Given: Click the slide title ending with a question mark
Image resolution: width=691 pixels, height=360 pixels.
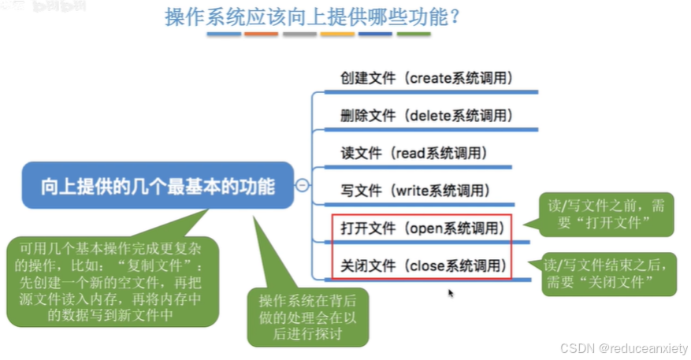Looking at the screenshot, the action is (x=313, y=17).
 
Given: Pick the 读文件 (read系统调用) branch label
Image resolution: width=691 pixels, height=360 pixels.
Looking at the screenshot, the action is (x=414, y=153).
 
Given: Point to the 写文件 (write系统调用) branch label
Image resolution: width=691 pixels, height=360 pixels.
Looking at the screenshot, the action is (x=415, y=191).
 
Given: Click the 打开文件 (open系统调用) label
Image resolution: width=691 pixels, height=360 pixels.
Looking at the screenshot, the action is (x=422, y=228).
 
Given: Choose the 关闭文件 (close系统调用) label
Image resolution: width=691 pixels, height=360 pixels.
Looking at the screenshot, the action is (x=422, y=265).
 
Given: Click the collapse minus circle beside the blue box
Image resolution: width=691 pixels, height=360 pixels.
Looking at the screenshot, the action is (x=301, y=186).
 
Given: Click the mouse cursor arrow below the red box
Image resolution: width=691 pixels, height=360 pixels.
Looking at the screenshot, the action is (x=451, y=293).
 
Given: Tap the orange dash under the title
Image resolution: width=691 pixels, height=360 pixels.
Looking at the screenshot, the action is (x=261, y=35).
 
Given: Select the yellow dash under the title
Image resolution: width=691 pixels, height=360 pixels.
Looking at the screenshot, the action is (x=337, y=35).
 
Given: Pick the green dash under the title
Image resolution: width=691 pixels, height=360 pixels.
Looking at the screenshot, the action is (x=414, y=35).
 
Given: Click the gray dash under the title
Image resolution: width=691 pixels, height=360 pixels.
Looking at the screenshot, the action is (x=299, y=35).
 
